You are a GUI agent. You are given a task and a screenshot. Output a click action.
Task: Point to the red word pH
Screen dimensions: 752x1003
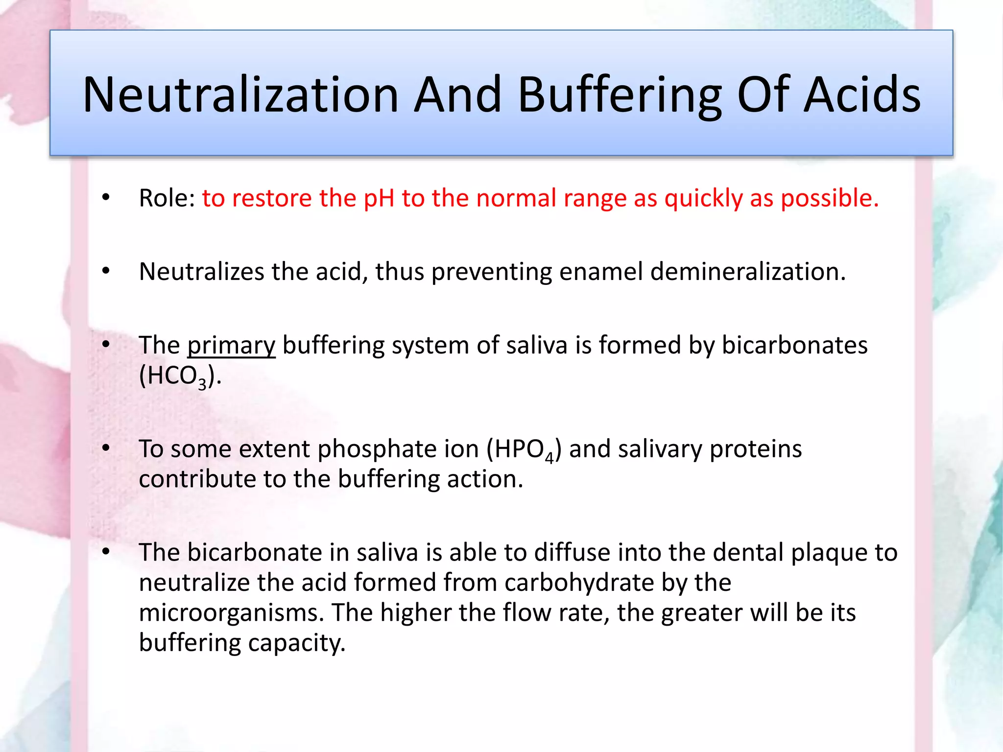coord(379,198)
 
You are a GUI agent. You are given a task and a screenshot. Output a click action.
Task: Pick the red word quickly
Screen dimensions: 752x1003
coord(703,198)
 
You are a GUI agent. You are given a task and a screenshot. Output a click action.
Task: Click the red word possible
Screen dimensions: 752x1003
coord(829,198)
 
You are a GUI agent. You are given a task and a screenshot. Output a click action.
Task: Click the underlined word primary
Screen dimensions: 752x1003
coord(231,345)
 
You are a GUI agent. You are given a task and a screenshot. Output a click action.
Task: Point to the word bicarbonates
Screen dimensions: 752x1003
coord(794,345)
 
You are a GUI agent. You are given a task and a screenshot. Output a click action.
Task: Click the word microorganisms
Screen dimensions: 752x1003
coord(231,613)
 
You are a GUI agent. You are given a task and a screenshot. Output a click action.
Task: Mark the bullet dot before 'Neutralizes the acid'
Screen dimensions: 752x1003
coord(106,271)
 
